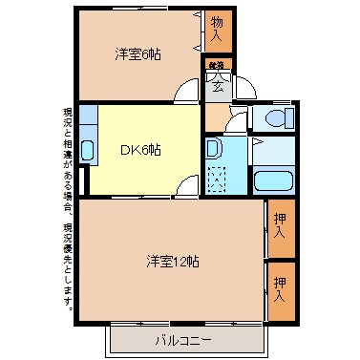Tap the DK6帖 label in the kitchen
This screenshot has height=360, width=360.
coord(139,149)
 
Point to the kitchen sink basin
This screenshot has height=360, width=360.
coord(87,150)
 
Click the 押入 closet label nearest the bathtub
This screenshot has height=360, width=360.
coord(280,227)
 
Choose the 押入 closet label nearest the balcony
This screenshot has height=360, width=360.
coord(280,288)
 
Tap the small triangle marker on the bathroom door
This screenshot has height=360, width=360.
coord(257,141)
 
